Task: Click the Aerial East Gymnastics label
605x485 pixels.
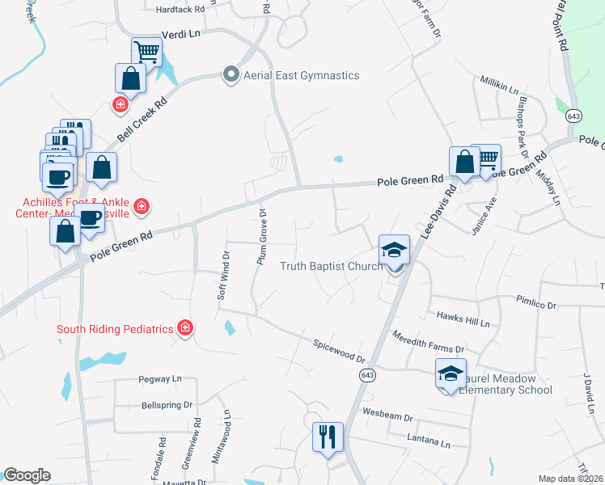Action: pos(302,75)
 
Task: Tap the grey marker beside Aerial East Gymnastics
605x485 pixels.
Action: pos(231,75)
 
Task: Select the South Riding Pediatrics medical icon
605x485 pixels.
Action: pos(185,328)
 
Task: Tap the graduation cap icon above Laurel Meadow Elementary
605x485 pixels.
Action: pos(451,373)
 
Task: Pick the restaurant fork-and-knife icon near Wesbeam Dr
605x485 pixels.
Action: pos(328,437)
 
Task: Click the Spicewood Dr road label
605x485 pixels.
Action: pos(340,350)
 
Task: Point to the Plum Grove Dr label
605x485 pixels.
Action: pos(261,235)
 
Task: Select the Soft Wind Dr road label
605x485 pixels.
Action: pos(223,276)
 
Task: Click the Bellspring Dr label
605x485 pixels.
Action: pos(167,404)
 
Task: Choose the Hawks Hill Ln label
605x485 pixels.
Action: pos(463,318)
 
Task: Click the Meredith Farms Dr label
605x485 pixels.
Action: pos(428,341)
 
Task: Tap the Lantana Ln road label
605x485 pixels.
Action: pos(429,443)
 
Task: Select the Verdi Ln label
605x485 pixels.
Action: pos(181,35)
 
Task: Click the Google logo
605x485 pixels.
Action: pos(27,475)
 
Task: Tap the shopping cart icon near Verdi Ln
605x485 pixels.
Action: pos(146,52)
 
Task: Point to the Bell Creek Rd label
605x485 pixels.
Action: pos(142,119)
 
